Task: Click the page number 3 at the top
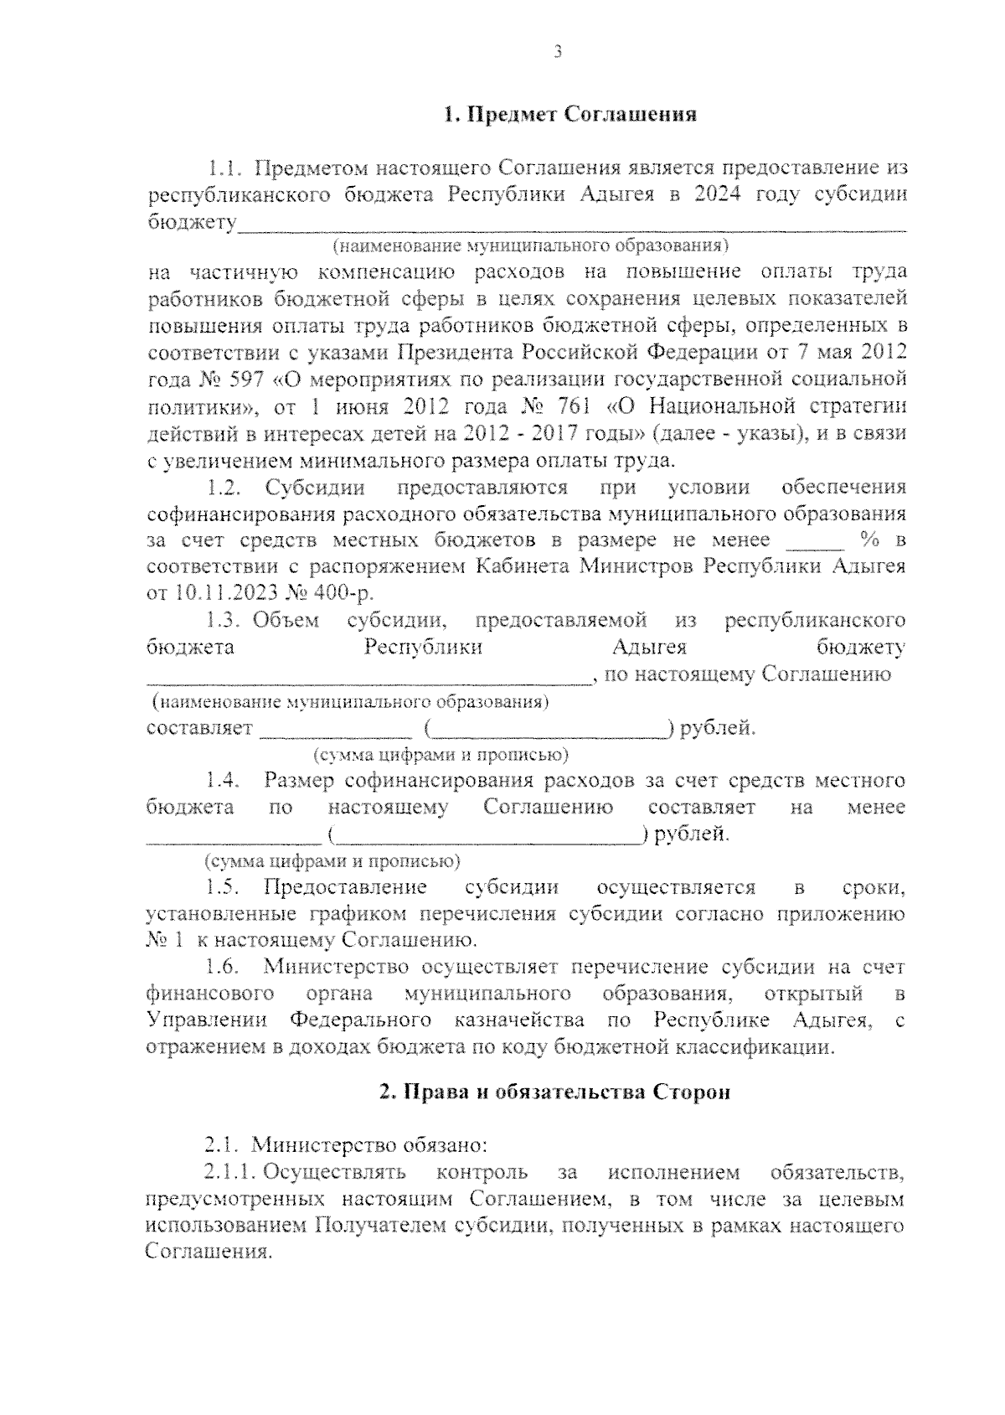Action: click(x=557, y=53)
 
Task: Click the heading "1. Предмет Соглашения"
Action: click(x=570, y=115)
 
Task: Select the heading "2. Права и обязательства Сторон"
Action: click(x=554, y=1092)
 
